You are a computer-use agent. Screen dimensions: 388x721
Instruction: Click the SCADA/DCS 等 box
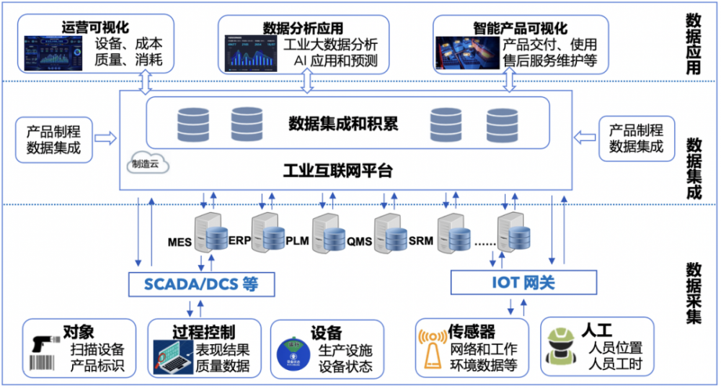[202, 283]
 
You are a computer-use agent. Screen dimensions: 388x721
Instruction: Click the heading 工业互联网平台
[338, 171]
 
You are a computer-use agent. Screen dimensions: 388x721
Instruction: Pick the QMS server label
[359, 242]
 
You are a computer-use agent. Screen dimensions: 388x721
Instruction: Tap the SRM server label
[420, 240]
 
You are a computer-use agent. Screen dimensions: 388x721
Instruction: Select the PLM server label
[297, 240]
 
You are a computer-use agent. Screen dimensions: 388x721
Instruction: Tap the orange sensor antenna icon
[432, 349]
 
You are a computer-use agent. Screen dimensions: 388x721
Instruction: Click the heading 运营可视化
[96, 28]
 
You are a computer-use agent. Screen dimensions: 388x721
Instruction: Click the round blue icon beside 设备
[294, 351]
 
